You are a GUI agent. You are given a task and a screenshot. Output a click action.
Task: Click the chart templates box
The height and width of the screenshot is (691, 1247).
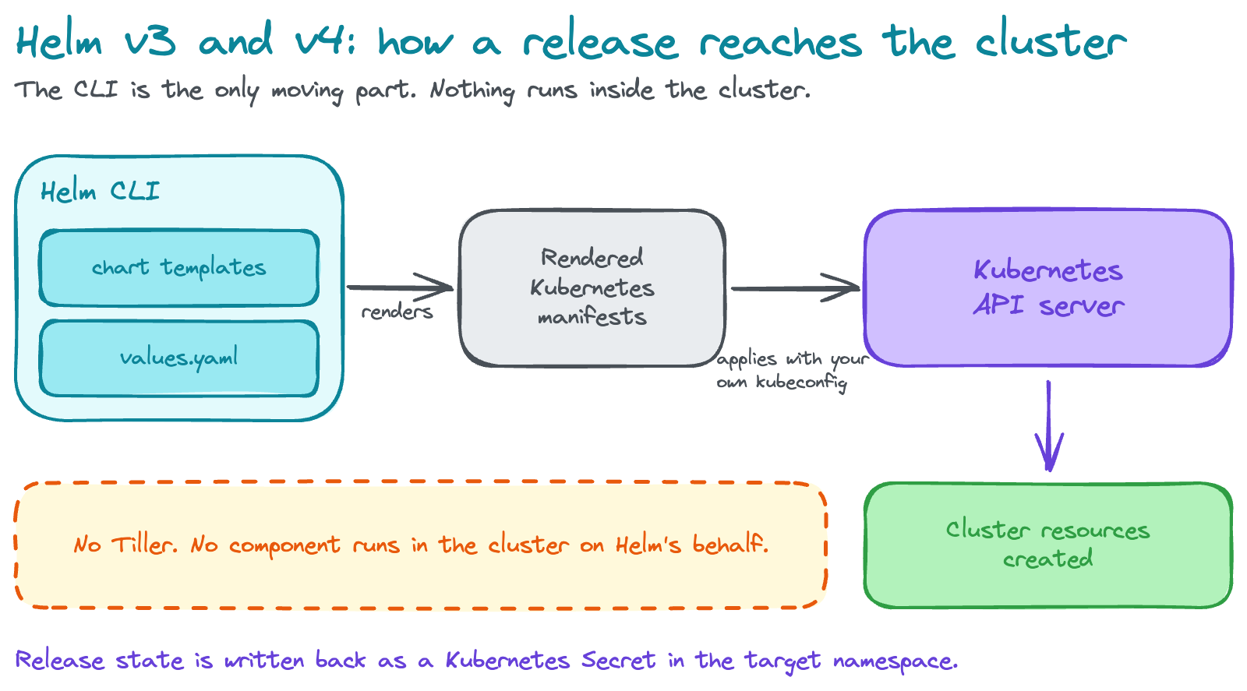click(178, 268)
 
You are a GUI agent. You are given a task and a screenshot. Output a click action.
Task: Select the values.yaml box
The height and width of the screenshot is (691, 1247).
click(178, 358)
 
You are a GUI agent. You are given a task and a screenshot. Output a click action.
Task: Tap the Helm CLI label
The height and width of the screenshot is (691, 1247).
click(101, 191)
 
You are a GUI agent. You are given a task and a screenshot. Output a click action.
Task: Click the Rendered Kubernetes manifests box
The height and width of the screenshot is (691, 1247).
click(592, 287)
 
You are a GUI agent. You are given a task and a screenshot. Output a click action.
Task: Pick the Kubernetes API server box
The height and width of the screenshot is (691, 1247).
click(1048, 287)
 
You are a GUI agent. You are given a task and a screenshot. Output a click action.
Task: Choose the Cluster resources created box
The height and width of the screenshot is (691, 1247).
click(1048, 545)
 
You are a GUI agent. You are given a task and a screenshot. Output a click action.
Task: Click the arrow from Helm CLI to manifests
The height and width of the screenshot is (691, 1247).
click(401, 287)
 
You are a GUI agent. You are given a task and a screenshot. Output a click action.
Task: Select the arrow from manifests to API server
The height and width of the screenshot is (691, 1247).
click(796, 288)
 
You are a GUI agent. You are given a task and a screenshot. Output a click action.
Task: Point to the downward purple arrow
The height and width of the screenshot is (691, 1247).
click(1049, 425)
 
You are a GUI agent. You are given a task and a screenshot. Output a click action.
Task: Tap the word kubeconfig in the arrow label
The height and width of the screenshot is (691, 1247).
click(802, 383)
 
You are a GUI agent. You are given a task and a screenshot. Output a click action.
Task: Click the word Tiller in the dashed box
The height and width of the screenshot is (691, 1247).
click(145, 544)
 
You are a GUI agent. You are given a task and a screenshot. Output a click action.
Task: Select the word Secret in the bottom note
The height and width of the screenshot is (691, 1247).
click(619, 661)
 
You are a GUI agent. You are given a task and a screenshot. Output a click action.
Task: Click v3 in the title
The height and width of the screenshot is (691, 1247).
click(150, 41)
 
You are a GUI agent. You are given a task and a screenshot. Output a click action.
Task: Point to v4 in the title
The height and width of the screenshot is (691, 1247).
click(326, 40)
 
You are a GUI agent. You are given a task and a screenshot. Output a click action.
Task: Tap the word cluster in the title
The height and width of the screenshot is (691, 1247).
click(1051, 40)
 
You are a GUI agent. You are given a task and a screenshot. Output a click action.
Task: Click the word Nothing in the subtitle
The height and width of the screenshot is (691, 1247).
click(472, 90)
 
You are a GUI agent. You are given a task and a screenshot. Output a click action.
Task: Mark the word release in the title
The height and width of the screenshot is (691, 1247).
click(601, 41)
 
